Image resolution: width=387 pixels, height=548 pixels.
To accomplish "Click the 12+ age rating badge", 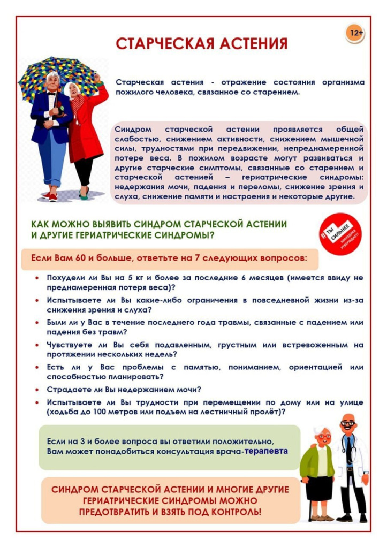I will pos(355,33).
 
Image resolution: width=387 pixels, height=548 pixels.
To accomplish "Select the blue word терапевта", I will pos(267,451).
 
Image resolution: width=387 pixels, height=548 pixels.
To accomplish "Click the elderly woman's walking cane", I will pos(309,500).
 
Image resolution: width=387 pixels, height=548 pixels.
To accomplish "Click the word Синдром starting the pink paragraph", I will pos(133,130).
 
